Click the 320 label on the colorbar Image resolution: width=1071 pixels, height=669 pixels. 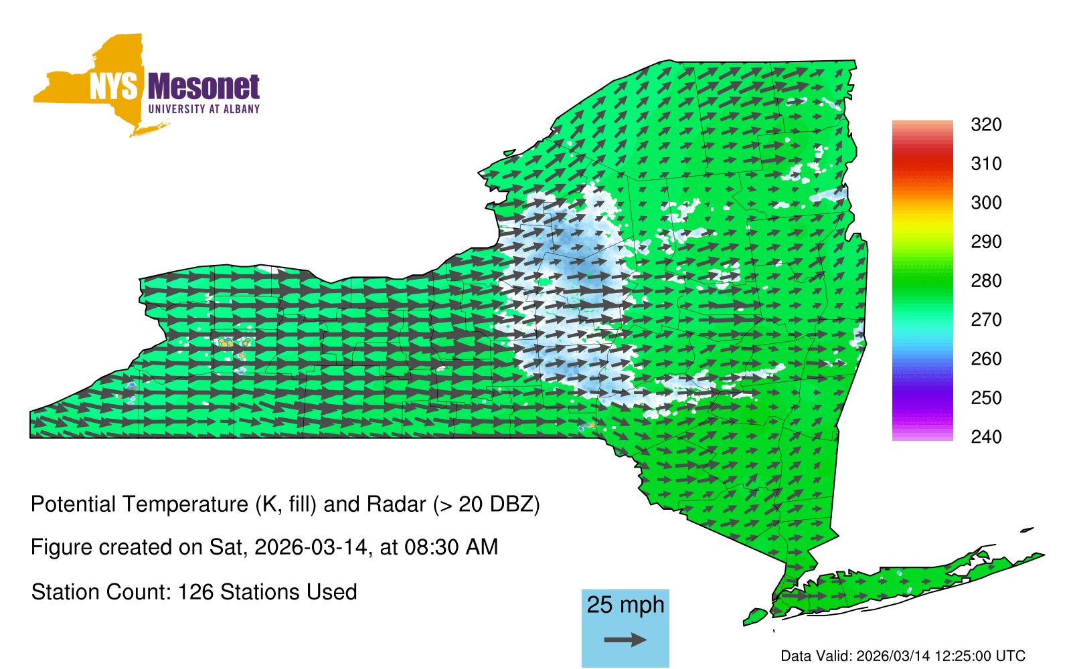[986, 124]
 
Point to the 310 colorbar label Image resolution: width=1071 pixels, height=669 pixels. [986, 164]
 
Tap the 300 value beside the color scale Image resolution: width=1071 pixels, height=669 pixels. [986, 203]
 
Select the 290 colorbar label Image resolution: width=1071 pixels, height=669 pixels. [986, 242]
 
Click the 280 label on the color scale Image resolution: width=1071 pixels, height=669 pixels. [986, 280]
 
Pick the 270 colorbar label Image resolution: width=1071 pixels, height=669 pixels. [986, 320]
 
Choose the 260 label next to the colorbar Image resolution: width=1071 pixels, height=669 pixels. [986, 359]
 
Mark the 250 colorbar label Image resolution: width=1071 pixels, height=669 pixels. [986, 397]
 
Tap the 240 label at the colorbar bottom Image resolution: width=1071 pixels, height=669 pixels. [986, 437]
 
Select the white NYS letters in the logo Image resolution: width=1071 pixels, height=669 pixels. [114, 87]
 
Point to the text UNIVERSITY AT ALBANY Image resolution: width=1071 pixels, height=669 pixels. [204, 109]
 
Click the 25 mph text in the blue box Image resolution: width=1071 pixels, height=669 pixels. [625, 605]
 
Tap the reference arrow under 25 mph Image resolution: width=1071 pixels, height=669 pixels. [625, 640]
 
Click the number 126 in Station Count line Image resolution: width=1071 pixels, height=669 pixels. [193, 592]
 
